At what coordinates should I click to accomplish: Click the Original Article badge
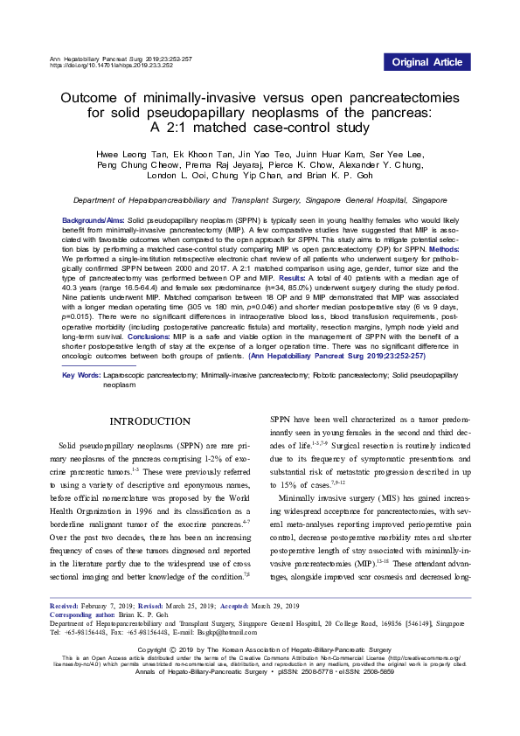point(427,62)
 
